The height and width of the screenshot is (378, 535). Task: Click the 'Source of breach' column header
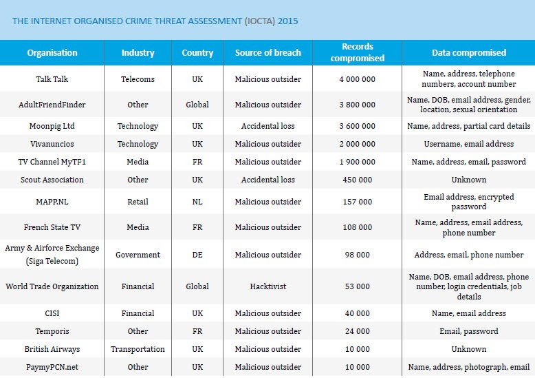267,53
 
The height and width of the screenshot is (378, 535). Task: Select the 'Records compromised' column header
357,53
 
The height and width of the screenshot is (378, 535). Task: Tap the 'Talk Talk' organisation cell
52,79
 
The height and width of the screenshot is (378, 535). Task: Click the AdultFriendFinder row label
52,105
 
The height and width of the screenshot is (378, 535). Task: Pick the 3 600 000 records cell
357,126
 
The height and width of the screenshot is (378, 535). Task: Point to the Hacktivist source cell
267,286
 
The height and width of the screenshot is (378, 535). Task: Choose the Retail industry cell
138,202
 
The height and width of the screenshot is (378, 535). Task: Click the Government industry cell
138,255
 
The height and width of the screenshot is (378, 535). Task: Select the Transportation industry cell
138,349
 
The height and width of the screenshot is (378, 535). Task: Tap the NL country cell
197,202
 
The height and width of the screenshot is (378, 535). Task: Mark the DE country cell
197,255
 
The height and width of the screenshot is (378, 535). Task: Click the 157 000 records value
357,202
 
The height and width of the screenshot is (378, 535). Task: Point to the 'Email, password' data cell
468,331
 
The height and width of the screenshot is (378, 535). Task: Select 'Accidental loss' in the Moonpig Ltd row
267,126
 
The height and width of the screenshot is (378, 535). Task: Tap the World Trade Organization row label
52,286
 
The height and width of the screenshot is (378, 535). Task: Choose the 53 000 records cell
357,286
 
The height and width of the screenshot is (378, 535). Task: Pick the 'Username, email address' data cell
468,144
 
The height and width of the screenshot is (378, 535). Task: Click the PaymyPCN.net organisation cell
52,367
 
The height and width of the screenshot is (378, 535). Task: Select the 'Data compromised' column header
468,53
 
